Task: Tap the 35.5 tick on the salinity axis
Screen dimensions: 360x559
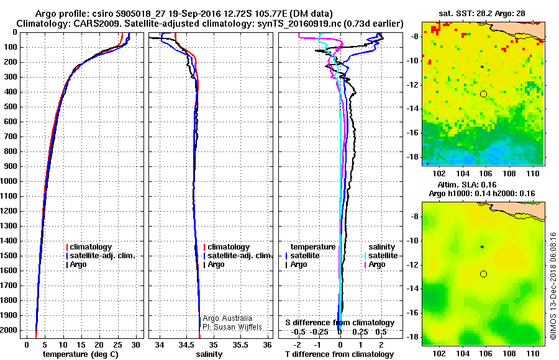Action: point(240,344)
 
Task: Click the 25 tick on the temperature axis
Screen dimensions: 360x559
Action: point(117,344)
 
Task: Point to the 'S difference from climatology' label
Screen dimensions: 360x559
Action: point(339,323)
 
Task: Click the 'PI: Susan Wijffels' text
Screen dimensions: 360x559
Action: point(232,326)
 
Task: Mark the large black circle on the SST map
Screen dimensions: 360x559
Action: point(483,94)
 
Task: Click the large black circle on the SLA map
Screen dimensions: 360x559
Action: point(483,274)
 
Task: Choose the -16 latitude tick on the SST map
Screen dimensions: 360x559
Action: point(415,133)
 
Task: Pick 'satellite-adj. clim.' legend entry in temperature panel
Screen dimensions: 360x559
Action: point(108,256)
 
